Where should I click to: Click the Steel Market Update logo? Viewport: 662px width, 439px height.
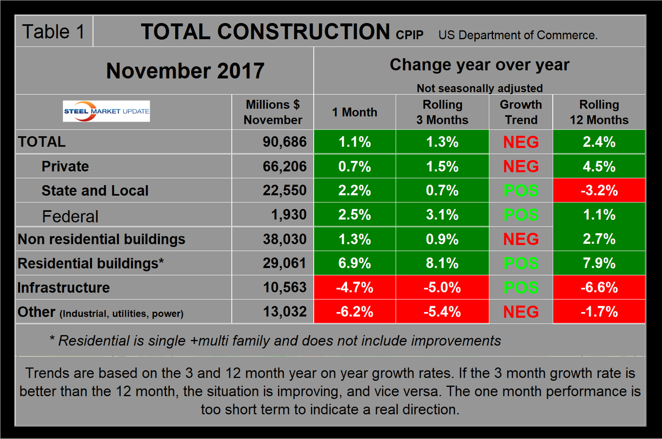(107, 111)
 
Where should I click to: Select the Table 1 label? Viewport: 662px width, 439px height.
(53, 32)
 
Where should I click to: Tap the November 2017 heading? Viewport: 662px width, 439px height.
(185, 71)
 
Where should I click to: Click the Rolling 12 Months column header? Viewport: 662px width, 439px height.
(599, 112)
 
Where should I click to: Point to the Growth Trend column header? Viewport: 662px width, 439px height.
(521, 112)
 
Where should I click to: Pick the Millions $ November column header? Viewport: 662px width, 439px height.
(273, 112)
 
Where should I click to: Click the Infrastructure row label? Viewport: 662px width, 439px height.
(64, 287)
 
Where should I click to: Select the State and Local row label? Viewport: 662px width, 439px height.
(95, 190)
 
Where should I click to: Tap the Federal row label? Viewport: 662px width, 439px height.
(70, 216)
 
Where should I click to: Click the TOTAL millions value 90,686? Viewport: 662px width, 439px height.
(285, 141)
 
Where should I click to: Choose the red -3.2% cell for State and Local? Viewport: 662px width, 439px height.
(599, 190)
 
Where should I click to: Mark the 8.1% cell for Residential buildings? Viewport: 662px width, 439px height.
(442, 263)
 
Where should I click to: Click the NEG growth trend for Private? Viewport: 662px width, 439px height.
(521, 166)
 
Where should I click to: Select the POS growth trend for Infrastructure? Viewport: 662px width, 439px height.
(521, 287)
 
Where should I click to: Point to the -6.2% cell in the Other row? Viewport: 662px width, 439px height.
(355, 312)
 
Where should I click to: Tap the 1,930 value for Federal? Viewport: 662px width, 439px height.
(288, 215)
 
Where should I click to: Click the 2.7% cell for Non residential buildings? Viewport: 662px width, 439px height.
(599, 239)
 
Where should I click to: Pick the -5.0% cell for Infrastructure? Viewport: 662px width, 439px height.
(442, 287)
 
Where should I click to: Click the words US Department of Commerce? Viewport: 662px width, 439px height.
(518, 35)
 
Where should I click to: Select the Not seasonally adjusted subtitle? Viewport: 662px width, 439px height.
(480, 88)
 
